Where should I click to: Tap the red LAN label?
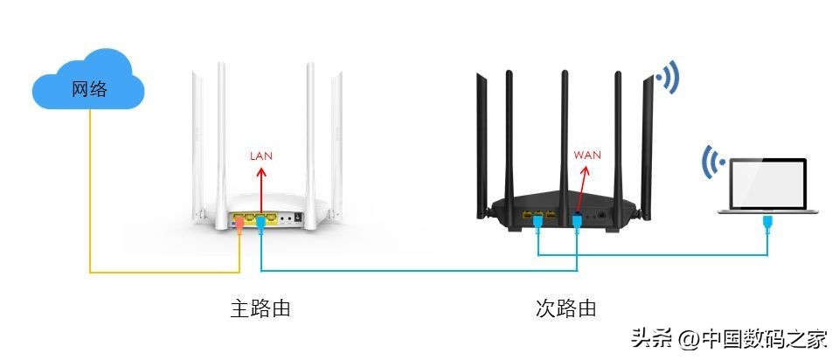click(x=261, y=156)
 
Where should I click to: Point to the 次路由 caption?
click(x=566, y=308)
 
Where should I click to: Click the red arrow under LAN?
click(x=261, y=188)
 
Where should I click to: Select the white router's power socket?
click(x=299, y=216)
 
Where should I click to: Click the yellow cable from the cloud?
click(x=89, y=201)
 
